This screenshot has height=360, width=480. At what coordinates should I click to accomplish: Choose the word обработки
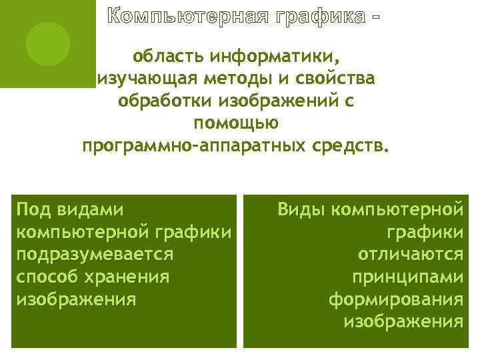point(160,101)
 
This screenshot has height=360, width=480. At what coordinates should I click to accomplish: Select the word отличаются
point(410,255)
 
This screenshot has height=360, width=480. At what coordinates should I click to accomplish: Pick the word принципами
point(407,277)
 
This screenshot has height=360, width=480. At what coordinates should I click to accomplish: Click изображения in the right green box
point(403,322)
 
